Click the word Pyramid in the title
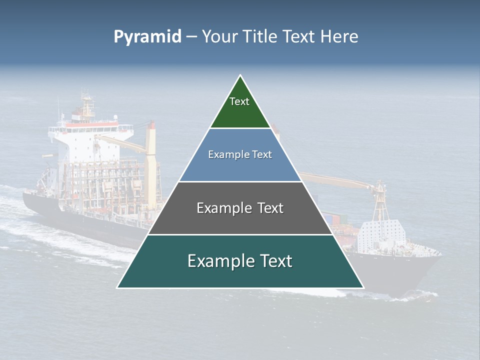coord(147,37)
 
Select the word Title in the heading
coord(260,36)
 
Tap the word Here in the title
coord(339,36)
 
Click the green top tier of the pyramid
coord(240,112)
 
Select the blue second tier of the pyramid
coord(240,167)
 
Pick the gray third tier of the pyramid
coord(240,220)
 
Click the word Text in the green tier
coord(239,101)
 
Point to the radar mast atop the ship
coord(88,102)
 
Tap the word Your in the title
coord(220,37)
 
